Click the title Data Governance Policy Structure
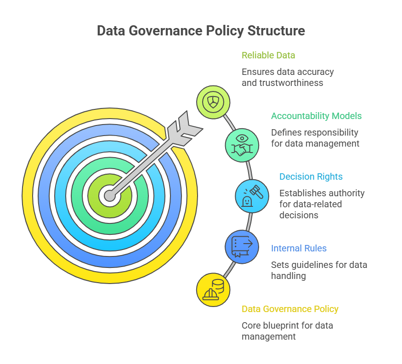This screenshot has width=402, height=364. tap(201, 31)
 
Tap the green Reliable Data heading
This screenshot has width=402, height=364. tap(268, 56)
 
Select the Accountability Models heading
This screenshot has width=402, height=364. tap(317, 116)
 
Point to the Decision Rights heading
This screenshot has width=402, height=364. tap(311, 177)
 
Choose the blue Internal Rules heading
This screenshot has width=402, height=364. tap(299, 248)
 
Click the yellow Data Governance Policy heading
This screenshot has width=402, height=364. tap(290, 309)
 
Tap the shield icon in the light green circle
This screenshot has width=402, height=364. tap(213, 102)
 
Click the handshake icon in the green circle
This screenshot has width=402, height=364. tap(242, 149)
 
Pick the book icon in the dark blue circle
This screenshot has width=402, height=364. tap(242, 246)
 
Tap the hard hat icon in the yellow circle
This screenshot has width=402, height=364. tap(211, 295)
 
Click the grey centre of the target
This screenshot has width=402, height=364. tap(110, 196)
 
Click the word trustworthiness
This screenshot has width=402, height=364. tap(291, 83)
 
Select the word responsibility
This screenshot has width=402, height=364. tap(329, 133)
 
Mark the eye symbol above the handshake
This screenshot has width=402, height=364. tap(242, 138)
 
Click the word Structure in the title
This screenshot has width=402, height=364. tap(277, 31)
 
